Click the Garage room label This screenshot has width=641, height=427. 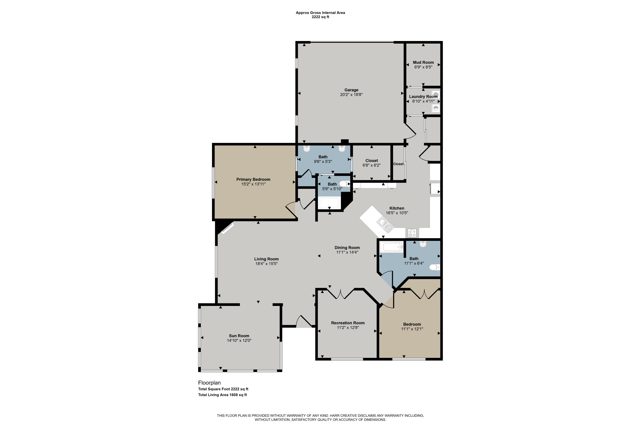coord(351,90)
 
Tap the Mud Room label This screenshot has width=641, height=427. coord(423,62)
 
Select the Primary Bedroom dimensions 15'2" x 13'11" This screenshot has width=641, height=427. coord(253,184)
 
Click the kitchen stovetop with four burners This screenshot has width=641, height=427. coord(412,233)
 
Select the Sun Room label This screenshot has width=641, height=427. coord(239,336)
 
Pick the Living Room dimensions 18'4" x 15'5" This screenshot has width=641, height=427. coord(266,264)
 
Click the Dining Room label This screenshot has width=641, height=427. coord(347,247)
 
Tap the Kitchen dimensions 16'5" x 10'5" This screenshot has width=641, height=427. coord(397,213)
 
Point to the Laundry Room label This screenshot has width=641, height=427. coord(423,97)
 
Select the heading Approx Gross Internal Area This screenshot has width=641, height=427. coord(320,13)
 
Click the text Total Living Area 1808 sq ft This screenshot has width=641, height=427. coord(222,395)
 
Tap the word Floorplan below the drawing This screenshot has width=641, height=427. coord(209,383)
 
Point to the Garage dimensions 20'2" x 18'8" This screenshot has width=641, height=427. coord(351,95)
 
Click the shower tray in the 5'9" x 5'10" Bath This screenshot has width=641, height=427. coord(329,203)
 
